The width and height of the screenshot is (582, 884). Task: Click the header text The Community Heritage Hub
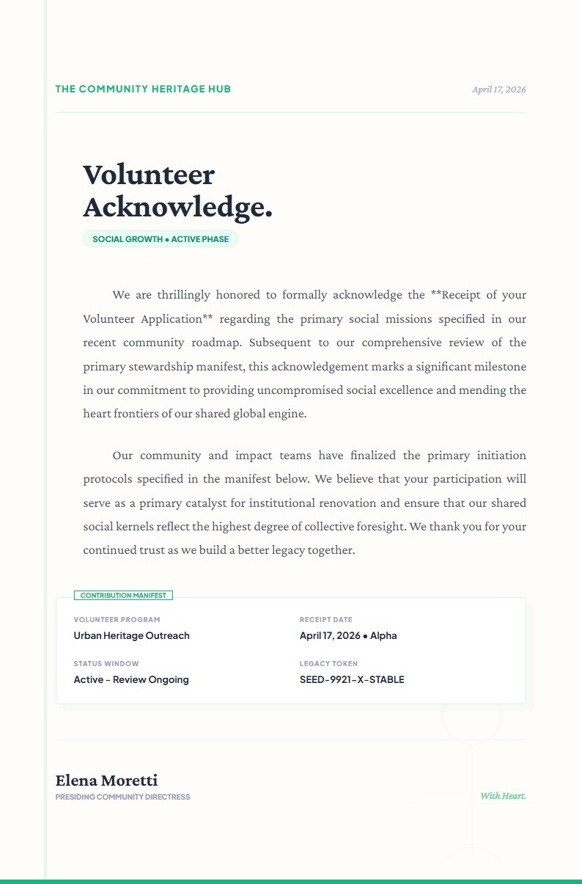(143, 89)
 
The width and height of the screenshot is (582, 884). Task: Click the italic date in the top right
(498, 90)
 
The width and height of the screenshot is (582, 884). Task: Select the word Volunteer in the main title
(149, 175)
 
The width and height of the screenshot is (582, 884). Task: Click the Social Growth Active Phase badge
(161, 239)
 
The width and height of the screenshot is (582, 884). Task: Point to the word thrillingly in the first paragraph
(183, 295)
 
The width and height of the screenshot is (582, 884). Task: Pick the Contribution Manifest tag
(123, 596)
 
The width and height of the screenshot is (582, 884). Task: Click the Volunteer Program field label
(117, 620)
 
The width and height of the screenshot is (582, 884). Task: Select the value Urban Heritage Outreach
(131, 636)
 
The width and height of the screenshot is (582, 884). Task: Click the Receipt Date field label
(325, 620)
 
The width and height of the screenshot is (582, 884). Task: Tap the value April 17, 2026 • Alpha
(348, 636)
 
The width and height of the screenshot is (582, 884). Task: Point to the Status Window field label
(106, 664)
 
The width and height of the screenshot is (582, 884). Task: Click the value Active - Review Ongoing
(131, 680)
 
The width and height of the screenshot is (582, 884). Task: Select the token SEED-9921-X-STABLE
(352, 680)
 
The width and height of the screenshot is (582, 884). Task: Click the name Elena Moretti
(106, 781)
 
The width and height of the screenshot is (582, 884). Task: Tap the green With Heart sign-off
(503, 796)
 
